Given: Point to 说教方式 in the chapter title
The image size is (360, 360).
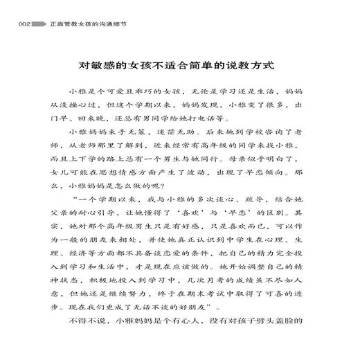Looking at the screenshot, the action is (251, 67).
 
